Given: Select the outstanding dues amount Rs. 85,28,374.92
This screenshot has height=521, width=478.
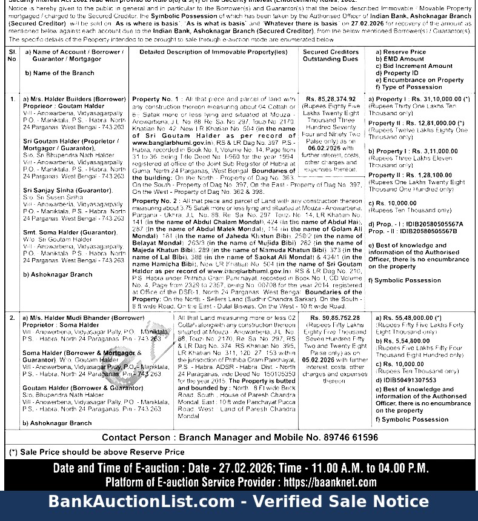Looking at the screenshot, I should (331, 98).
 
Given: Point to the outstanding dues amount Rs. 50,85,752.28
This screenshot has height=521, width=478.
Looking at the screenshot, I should (334, 317).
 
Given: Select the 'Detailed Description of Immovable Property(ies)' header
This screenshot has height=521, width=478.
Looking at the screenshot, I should (213, 52).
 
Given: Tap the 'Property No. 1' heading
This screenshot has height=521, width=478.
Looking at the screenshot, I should (156, 98).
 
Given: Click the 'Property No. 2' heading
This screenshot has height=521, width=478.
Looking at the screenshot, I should (156, 201).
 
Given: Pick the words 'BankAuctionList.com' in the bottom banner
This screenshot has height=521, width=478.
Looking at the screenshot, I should (141, 502).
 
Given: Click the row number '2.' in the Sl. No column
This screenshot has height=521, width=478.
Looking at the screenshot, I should (12, 317).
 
